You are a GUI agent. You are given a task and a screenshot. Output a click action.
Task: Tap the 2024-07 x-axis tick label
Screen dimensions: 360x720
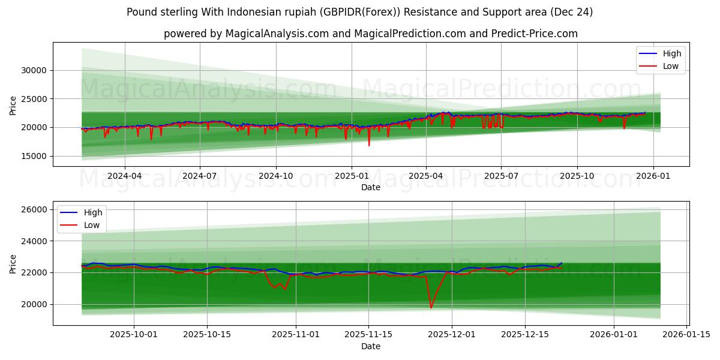(199, 176)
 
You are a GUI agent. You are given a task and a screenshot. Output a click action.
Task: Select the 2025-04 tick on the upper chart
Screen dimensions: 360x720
(426, 176)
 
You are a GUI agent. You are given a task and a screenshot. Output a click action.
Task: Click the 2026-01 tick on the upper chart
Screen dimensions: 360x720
(653, 176)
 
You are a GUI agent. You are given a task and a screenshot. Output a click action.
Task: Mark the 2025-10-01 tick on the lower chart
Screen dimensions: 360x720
(133, 335)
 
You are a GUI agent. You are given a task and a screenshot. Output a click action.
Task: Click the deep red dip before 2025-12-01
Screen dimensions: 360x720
(431, 308)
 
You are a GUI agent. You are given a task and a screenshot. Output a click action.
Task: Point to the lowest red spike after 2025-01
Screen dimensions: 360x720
(369, 145)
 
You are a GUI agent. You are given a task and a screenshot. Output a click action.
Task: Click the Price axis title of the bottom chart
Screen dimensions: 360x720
(13, 263)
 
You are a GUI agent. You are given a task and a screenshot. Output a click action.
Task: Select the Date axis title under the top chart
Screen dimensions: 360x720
(370, 187)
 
